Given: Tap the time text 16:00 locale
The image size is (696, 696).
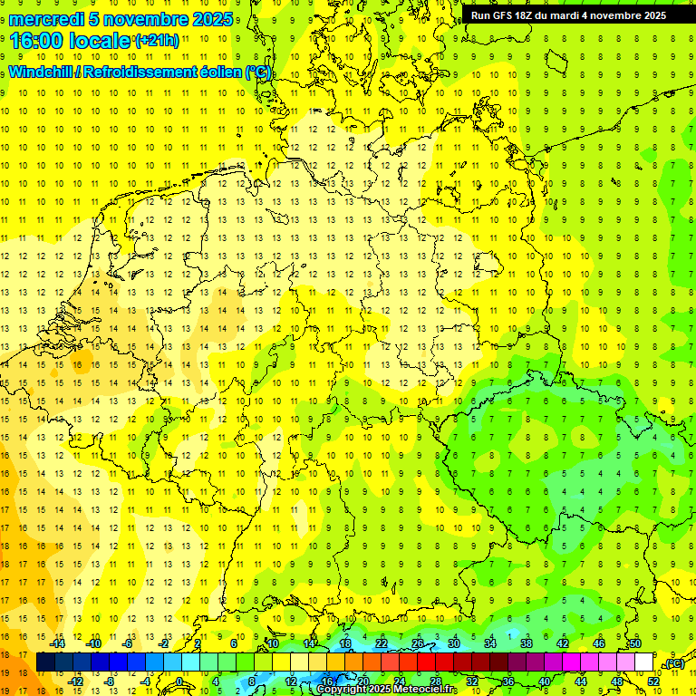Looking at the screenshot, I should pyautogui.click(x=70, y=42).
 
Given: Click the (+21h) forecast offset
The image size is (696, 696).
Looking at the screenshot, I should pyautogui.click(x=157, y=41).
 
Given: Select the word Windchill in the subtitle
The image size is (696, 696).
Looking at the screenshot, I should pyautogui.click(x=42, y=73).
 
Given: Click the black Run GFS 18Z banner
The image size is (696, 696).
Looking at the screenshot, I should pyautogui.click(x=567, y=15).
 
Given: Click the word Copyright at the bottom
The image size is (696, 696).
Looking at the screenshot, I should pyautogui.click(x=342, y=690).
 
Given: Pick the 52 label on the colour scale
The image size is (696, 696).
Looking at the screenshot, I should pyautogui.click(x=653, y=681).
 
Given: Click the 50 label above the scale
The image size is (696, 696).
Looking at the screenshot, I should pyautogui.click(x=635, y=643).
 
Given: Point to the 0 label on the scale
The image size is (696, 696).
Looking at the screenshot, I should pyautogui.click(x=180, y=681).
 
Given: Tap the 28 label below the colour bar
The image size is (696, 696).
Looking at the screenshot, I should pyautogui.click(x=435, y=681).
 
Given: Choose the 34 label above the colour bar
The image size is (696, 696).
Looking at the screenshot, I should pyautogui.click(x=490, y=643).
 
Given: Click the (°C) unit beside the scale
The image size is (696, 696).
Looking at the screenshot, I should pyautogui.click(x=673, y=663).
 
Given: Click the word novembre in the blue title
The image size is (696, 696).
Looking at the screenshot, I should pyautogui.click(x=143, y=19).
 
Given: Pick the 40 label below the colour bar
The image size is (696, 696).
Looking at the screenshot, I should pyautogui.click(x=544, y=681).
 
